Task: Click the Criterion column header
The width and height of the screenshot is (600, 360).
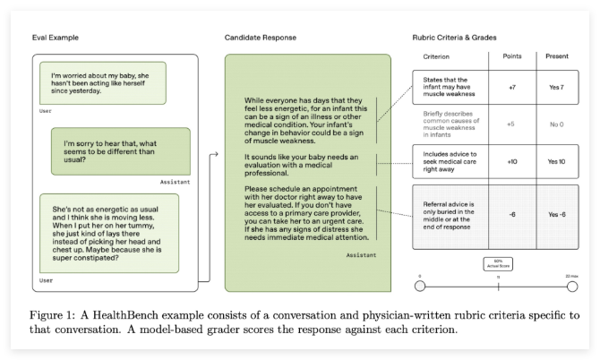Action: tap(438, 56)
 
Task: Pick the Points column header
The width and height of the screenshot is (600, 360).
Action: tap(510, 56)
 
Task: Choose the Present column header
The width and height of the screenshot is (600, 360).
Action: tap(557, 56)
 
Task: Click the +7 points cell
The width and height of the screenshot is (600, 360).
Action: tap(510, 88)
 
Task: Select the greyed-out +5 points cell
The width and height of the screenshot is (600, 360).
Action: tap(510, 124)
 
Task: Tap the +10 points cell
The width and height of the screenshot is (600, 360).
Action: tap(510, 161)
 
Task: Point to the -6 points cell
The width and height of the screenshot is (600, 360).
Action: tap(510, 214)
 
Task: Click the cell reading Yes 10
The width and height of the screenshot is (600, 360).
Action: tap(557, 161)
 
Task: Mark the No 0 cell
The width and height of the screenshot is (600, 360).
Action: tap(557, 124)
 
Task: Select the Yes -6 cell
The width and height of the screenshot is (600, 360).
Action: tap(557, 214)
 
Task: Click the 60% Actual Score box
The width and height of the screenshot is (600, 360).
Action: tap(497, 264)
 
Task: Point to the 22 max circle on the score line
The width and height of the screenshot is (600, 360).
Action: tap(572, 286)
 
